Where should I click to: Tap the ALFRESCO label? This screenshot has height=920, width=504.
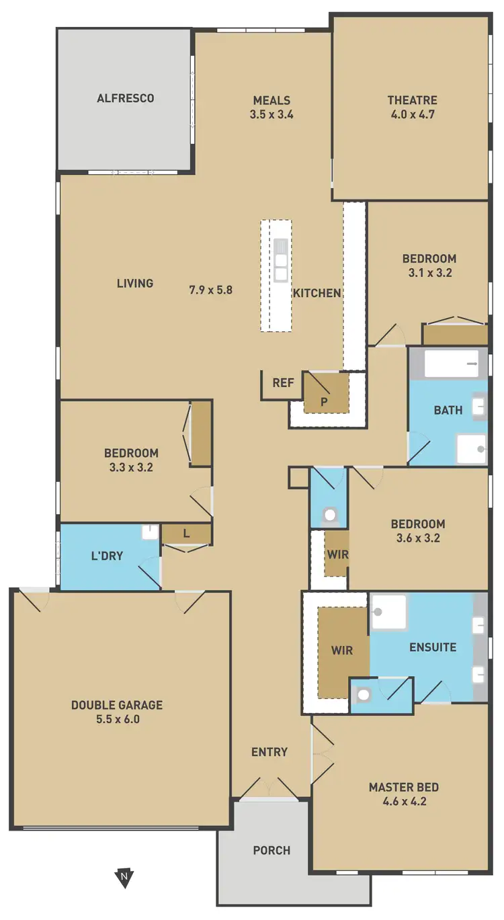126,98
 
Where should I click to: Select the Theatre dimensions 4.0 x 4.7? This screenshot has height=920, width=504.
412,114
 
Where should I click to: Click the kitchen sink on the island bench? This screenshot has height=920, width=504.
280,259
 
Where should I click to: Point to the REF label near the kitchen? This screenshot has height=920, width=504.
283,383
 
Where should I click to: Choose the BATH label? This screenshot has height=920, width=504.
448,410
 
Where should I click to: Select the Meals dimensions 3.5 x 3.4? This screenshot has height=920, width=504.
271,114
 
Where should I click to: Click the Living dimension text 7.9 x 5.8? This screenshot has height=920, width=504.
210,290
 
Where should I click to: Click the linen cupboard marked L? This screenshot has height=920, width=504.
186,534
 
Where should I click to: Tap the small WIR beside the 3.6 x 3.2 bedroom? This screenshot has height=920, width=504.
337,554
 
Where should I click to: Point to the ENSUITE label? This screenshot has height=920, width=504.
433,648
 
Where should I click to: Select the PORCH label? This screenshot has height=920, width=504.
271,850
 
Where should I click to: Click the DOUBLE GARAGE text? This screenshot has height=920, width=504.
117,705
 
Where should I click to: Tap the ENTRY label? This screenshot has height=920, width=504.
269,752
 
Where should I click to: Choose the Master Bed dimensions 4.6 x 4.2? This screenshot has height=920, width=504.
403,801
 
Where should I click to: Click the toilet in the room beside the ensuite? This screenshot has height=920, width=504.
363,696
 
